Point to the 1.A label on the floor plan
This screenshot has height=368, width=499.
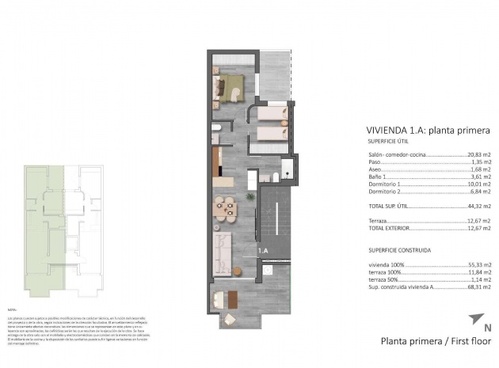pyautogui.click(x=262, y=251)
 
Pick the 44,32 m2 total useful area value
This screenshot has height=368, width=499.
pyautogui.click(x=476, y=205)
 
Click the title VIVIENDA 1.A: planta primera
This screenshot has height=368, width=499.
pyautogui.click(x=429, y=129)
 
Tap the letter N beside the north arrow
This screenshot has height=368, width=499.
pyautogui.click(x=487, y=326)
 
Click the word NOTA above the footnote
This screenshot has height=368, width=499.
pyautogui.click(x=12, y=309)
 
